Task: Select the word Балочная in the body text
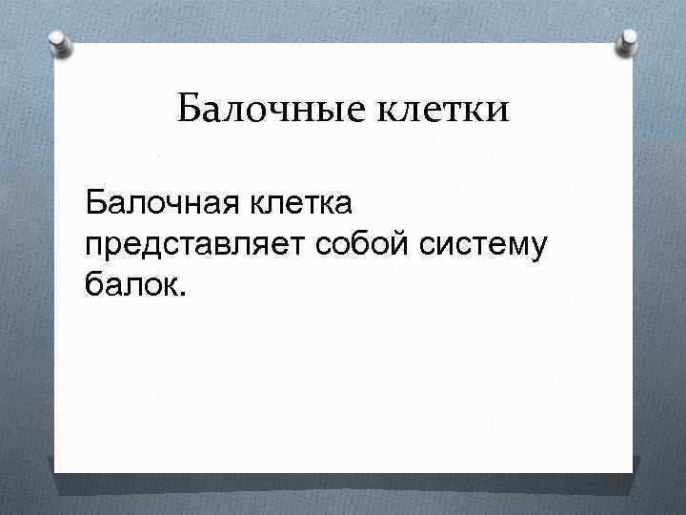tap(161, 202)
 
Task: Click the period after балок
tap(185, 295)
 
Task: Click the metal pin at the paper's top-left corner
tap(60, 44)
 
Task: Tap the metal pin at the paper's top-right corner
tap(629, 40)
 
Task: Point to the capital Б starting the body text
tap(94, 202)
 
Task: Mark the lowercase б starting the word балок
tap(92, 285)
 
